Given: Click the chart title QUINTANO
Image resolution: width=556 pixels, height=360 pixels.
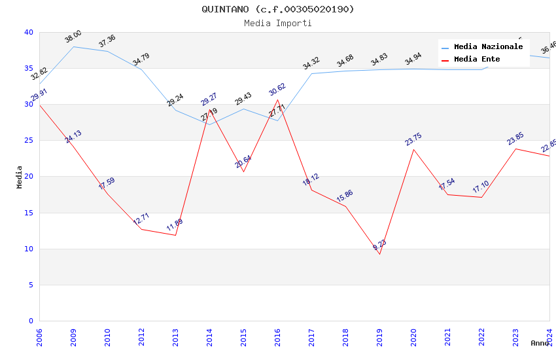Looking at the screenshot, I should [277, 9].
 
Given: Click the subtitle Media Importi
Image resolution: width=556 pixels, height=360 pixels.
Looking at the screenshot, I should [277, 23].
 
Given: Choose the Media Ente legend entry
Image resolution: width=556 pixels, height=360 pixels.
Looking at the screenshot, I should [477, 59].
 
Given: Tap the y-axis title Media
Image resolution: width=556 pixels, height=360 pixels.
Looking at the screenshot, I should [19, 177].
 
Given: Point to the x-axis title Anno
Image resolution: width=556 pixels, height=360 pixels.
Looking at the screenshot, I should [540, 343].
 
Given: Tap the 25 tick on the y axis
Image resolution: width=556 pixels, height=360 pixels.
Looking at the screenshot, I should [28, 141].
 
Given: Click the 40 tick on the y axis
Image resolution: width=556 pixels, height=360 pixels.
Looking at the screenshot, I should [28, 32].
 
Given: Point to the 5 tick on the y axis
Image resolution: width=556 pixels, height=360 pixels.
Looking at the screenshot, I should [30, 285].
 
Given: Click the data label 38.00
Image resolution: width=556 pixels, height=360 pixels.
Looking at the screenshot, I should [73, 37].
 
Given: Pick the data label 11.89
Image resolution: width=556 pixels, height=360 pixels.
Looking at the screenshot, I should [175, 226].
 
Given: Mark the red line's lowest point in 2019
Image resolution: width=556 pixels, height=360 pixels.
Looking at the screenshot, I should [379, 254].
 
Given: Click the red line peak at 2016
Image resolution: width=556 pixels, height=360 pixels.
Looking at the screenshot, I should [277, 99].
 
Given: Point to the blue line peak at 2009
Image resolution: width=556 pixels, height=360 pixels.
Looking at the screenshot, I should [73, 46].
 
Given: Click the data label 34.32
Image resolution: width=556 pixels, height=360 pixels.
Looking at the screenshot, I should [311, 63].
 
